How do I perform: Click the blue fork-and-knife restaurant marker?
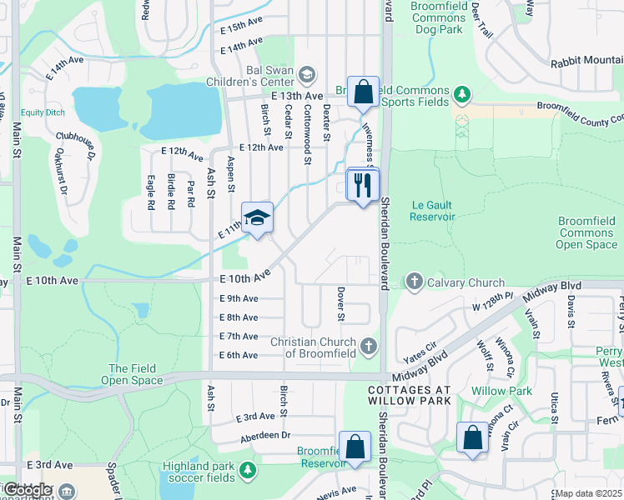tap(362, 185)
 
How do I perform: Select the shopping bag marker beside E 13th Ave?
tap(364, 92)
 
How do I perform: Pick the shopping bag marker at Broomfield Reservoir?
tap(355, 447)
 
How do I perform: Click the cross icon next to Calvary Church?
tap(415, 282)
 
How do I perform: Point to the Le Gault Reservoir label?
tap(432, 210)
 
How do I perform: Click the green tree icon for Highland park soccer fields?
tap(247, 471)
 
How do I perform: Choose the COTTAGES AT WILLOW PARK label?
tap(409, 396)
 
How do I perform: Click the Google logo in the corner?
tap(27, 490)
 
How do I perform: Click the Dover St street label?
tap(340, 304)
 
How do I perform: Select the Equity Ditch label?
tap(44, 112)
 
